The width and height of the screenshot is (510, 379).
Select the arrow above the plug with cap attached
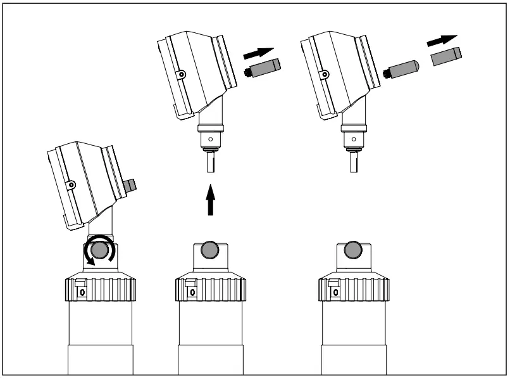(259, 52)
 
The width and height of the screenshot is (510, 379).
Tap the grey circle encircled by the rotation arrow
(99, 252)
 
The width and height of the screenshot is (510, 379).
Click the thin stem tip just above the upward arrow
(210, 167)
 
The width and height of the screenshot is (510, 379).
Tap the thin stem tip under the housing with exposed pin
(354, 167)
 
